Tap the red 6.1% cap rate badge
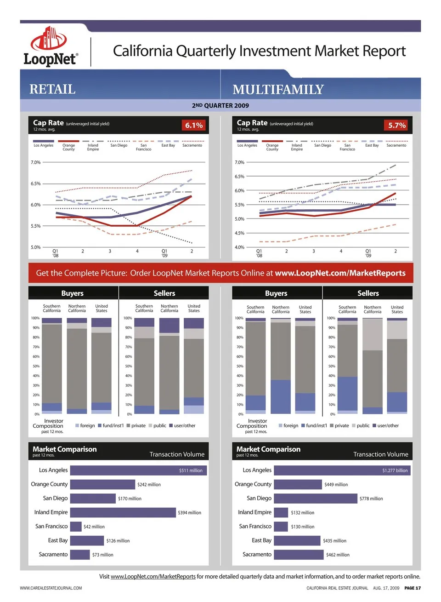coord(194,125)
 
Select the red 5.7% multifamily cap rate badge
coord(397,125)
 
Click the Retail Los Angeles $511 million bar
coord(138,470)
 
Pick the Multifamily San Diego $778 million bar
coord(316,499)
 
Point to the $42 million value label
coord(94,527)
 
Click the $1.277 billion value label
coord(395,470)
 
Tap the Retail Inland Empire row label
coord(51,512)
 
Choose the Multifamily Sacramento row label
coord(257,555)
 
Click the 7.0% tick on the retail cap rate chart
coord(35,162)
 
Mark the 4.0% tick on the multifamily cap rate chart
coord(239,247)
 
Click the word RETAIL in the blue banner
coord(52,89)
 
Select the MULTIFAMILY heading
coord(278,89)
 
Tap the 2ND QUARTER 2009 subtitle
coord(220,105)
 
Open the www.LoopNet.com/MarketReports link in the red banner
coord(340,273)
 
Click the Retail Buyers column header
coord(73,293)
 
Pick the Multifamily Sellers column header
coord(368,293)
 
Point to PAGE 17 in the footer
coord(413,588)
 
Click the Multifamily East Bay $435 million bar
coord(297,541)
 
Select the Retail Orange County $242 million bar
coord(102,484)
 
